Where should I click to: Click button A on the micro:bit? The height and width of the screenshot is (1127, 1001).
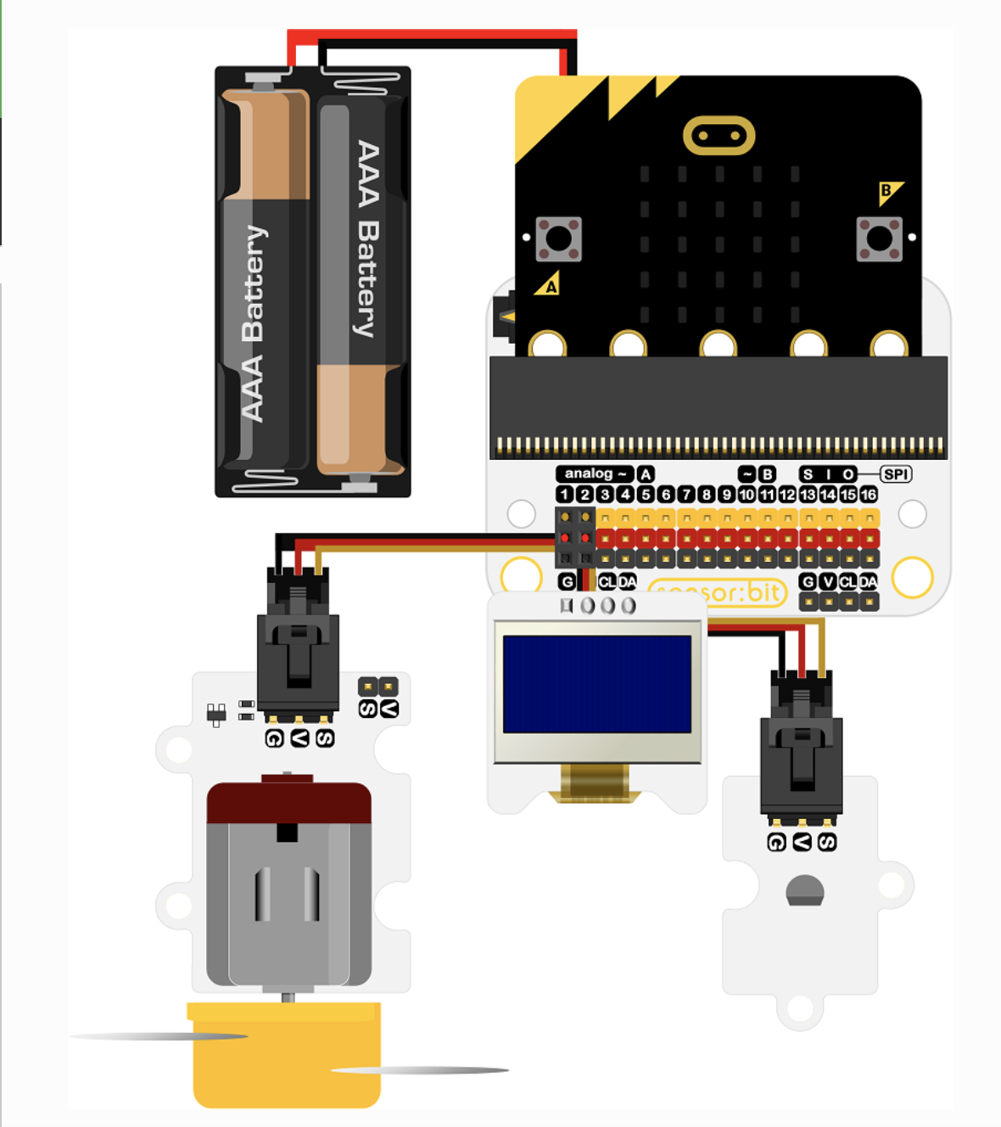pyautogui.click(x=558, y=238)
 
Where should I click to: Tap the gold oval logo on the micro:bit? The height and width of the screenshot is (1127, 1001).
pyautogui.click(x=719, y=136)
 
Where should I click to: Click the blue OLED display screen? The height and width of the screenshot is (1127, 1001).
pyautogui.click(x=597, y=684)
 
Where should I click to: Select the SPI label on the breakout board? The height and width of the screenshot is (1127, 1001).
pyautogui.click(x=896, y=474)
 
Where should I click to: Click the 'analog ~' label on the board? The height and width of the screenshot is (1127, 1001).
pyautogui.click(x=595, y=474)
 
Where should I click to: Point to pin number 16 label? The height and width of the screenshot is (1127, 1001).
pyautogui.click(x=869, y=495)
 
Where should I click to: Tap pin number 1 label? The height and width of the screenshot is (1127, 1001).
pyautogui.click(x=565, y=495)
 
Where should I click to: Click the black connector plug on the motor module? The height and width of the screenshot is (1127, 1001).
pyautogui.click(x=298, y=645)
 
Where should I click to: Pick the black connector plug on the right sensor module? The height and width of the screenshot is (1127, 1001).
pyautogui.click(x=802, y=747)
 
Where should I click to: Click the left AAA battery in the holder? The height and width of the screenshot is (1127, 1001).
pyautogui.click(x=265, y=280)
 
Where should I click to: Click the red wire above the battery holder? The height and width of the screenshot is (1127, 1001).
pyautogui.click(x=433, y=35)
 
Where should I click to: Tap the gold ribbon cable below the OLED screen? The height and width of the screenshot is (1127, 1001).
pyautogui.click(x=595, y=782)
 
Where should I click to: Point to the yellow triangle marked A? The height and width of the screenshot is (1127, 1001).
pyautogui.click(x=549, y=284)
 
